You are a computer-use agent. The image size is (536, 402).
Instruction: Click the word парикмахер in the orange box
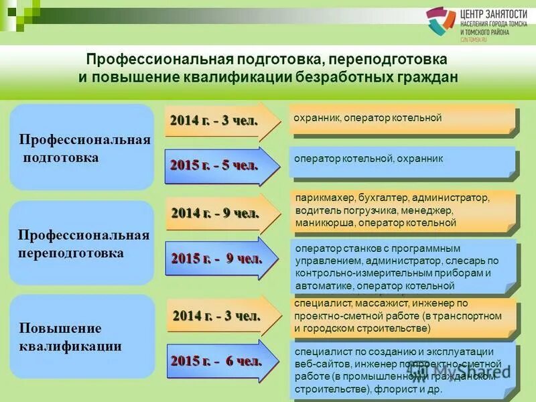pyautogui.click(x=318, y=198)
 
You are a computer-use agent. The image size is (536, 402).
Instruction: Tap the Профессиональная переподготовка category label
pyautogui.click(x=83, y=245)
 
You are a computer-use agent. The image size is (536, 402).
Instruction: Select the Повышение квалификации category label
pyautogui.click(x=70, y=337)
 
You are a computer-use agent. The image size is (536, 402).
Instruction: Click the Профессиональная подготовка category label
pyautogui.click(x=83, y=148)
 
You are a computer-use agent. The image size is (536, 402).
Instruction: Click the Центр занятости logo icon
pyautogui.click(x=441, y=23)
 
